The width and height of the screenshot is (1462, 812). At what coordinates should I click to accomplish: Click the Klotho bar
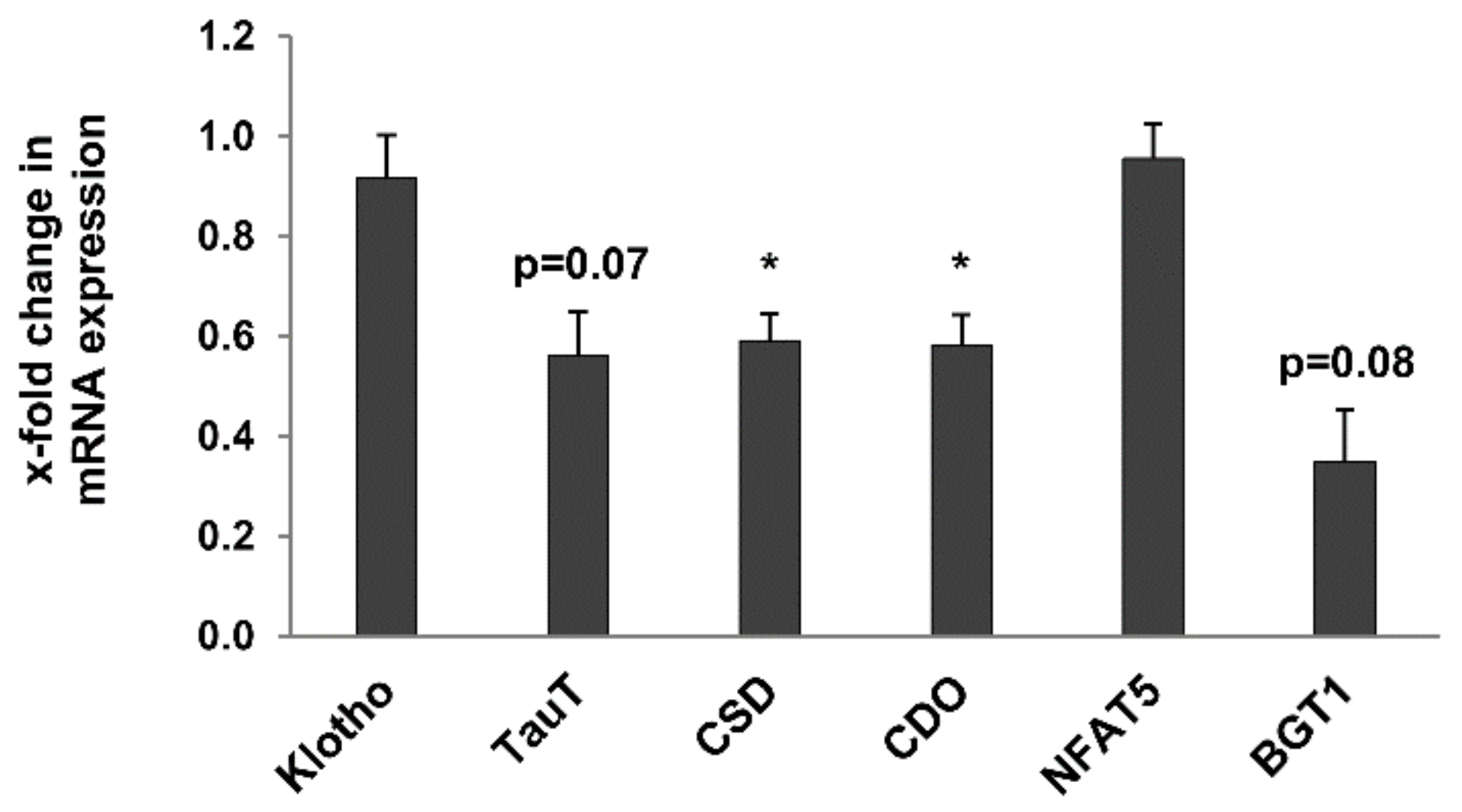click(386, 407)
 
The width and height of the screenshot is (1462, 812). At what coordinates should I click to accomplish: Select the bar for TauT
click(578, 495)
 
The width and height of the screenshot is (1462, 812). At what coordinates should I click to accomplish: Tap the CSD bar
click(770, 488)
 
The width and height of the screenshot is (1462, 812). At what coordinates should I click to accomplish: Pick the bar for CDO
click(962, 491)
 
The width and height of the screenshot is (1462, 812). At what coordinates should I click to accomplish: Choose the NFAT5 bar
click(1153, 397)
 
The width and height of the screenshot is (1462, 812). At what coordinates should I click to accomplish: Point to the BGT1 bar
click(1345, 548)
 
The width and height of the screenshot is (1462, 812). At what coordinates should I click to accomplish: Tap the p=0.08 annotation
click(1347, 364)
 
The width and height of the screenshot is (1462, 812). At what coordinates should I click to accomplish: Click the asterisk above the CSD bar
click(769, 264)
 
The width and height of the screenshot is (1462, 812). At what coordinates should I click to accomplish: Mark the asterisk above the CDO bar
click(961, 264)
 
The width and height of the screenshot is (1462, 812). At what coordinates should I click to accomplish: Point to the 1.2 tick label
click(228, 37)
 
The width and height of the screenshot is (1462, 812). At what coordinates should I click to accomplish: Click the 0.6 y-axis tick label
click(228, 337)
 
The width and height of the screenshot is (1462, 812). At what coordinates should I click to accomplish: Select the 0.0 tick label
click(228, 637)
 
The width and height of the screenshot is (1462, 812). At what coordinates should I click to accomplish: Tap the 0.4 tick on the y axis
click(228, 437)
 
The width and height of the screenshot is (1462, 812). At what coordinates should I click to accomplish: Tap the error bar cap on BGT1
click(1345, 410)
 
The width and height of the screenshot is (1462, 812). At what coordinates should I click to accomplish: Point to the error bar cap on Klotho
click(386, 135)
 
